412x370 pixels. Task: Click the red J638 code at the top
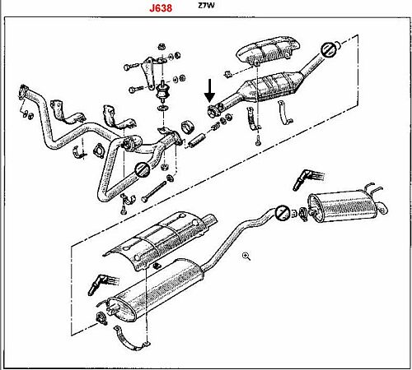coord(161,7)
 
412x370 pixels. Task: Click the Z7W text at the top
coord(206,5)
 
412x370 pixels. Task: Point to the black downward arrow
coord(209,90)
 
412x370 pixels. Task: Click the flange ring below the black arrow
coord(213,112)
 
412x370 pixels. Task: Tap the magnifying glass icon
coord(246,257)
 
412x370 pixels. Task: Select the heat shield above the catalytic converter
coord(269,51)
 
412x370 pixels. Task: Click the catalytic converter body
coord(272,85)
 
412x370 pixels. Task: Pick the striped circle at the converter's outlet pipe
coord(328,49)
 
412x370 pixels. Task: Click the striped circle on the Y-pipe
coord(143,169)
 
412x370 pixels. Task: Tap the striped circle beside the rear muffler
coord(283,213)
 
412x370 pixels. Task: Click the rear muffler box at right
coord(342,205)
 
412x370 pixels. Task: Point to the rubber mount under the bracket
coord(163,92)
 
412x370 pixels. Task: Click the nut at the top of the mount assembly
coord(162,46)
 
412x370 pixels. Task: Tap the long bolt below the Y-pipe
coord(154,192)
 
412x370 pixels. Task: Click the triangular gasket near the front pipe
coord(98,150)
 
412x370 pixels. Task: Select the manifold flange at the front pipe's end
coord(23,91)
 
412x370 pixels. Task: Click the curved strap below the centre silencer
coord(131,340)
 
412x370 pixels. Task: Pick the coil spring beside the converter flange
coord(216,127)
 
